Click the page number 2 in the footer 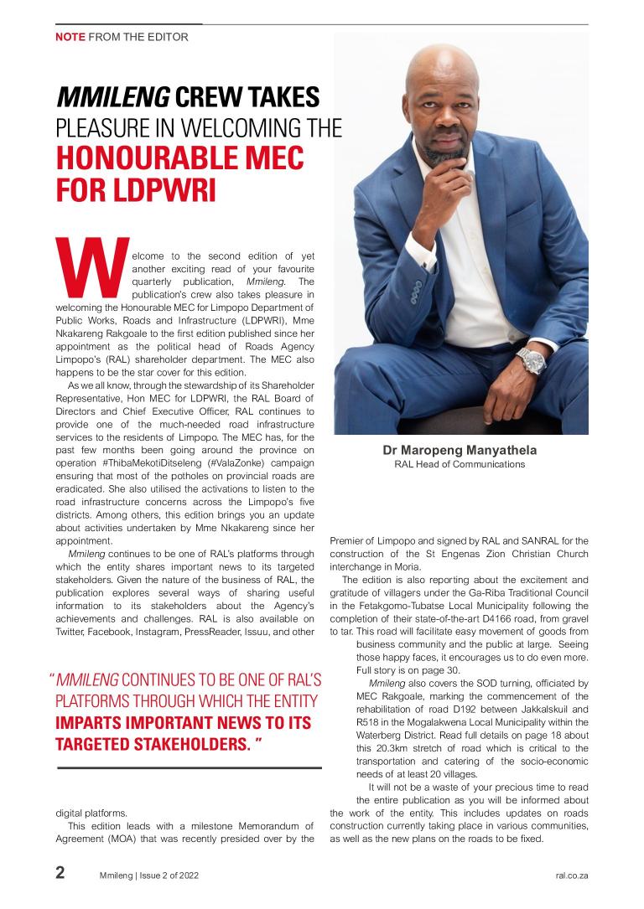[x=60, y=873]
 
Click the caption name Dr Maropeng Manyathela [x=460, y=450]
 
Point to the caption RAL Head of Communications [x=460, y=464]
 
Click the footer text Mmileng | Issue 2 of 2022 [x=149, y=875]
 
